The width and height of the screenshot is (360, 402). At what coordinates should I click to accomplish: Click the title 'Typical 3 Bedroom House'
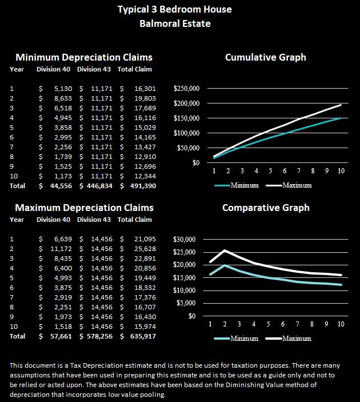[x=174, y=10]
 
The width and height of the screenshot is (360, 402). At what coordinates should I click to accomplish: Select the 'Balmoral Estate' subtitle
[x=174, y=24]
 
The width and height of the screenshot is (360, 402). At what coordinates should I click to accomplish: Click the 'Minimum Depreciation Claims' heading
[x=83, y=58]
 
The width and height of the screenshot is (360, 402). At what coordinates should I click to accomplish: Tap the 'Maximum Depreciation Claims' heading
[x=84, y=208]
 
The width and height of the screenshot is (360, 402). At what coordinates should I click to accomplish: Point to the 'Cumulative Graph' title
[x=265, y=57]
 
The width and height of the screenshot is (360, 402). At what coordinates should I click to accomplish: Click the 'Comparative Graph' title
[x=265, y=208]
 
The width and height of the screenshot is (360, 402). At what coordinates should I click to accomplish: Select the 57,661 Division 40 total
[x=60, y=336]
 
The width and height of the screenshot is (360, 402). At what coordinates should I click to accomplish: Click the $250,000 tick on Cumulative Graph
[x=186, y=89]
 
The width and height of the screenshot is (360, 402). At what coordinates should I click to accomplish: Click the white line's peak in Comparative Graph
[x=225, y=250]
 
